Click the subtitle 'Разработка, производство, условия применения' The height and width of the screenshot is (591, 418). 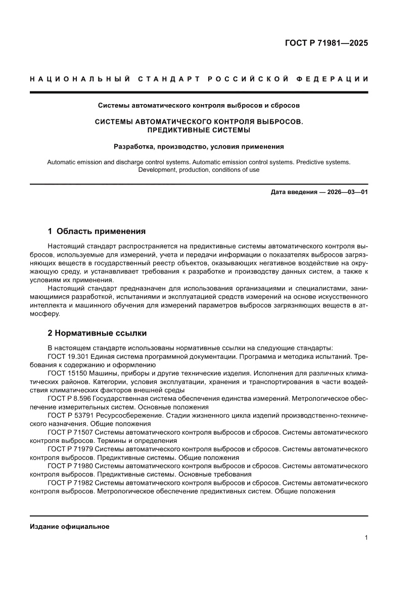199,147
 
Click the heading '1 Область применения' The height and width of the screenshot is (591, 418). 97,231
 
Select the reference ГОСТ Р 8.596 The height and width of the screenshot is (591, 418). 70,398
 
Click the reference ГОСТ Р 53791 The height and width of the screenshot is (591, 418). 71,415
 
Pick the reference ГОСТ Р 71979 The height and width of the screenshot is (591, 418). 71,449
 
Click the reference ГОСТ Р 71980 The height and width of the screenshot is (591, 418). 71,466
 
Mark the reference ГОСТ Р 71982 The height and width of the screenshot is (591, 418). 71,482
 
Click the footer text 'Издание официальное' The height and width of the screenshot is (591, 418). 70,526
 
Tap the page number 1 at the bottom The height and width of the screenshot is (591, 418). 365,538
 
